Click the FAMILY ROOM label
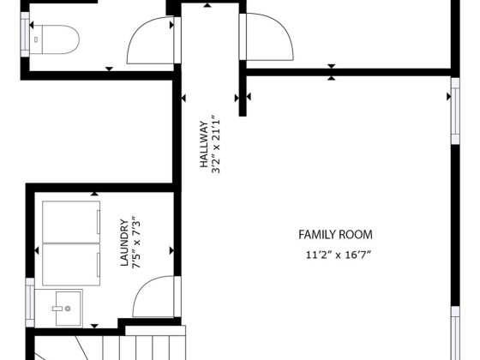pos(335,235)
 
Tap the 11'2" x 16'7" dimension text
pos(339,255)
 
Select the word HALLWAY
pos(204,144)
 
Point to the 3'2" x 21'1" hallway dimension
pos(216,144)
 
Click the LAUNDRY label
pos(124,243)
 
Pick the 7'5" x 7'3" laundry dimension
pos(136,244)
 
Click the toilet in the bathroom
pos(55,39)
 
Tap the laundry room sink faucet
pos(62,309)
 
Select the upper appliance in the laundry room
pos(71,222)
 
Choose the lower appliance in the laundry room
pos(71,265)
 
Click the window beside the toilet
pos(25,34)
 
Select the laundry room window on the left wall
pos(30,302)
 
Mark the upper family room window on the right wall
pos(455,111)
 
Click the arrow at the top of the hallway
pos(207,5)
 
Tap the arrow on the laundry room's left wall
pos(37,250)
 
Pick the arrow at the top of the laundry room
pos(94,194)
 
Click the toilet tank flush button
pos(36,39)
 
